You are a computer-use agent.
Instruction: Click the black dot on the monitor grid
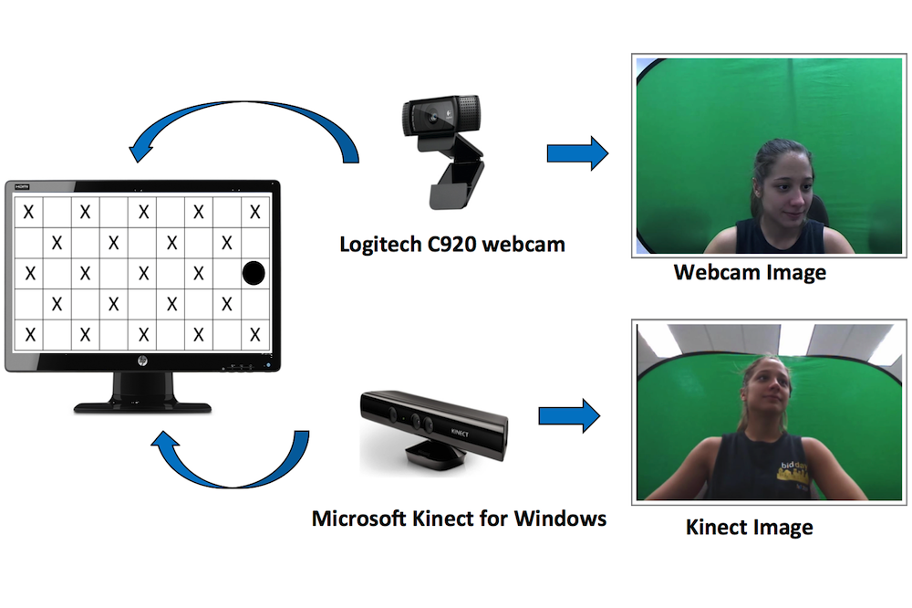point(254,272)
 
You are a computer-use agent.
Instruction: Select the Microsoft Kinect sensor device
point(433,425)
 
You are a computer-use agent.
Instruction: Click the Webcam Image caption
point(750,272)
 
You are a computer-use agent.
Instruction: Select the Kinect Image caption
point(749,527)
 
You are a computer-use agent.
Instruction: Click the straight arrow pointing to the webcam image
point(576,152)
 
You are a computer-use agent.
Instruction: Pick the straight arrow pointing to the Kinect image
point(569,416)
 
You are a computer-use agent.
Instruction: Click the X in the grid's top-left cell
point(29,213)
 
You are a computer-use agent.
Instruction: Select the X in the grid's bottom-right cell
point(255,333)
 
